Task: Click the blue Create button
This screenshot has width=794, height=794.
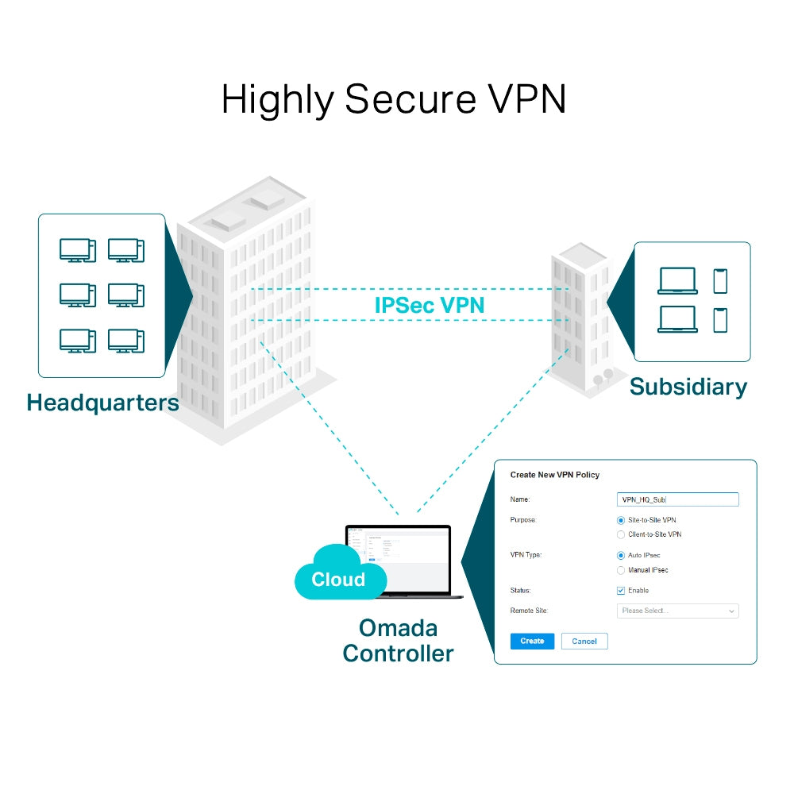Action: click(x=532, y=641)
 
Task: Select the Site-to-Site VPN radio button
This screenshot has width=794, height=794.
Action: click(x=621, y=520)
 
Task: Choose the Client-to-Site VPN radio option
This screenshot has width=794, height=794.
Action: click(x=621, y=535)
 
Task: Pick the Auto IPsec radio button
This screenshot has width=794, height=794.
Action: click(x=621, y=556)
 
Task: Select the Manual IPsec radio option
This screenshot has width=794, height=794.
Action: click(x=621, y=570)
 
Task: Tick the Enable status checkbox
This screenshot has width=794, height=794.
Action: click(x=621, y=591)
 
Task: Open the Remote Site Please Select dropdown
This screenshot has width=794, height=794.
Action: click(x=677, y=611)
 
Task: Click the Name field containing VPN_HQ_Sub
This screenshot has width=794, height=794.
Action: click(x=677, y=499)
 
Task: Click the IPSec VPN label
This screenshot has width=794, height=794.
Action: click(x=429, y=305)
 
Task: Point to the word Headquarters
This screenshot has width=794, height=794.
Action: click(x=102, y=403)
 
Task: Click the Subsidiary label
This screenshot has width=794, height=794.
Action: click(x=688, y=387)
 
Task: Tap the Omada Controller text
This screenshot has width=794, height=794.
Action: click(x=398, y=641)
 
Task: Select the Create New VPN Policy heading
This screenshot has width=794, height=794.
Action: click(x=554, y=475)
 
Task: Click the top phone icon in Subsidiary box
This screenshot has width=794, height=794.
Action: click(x=720, y=281)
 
